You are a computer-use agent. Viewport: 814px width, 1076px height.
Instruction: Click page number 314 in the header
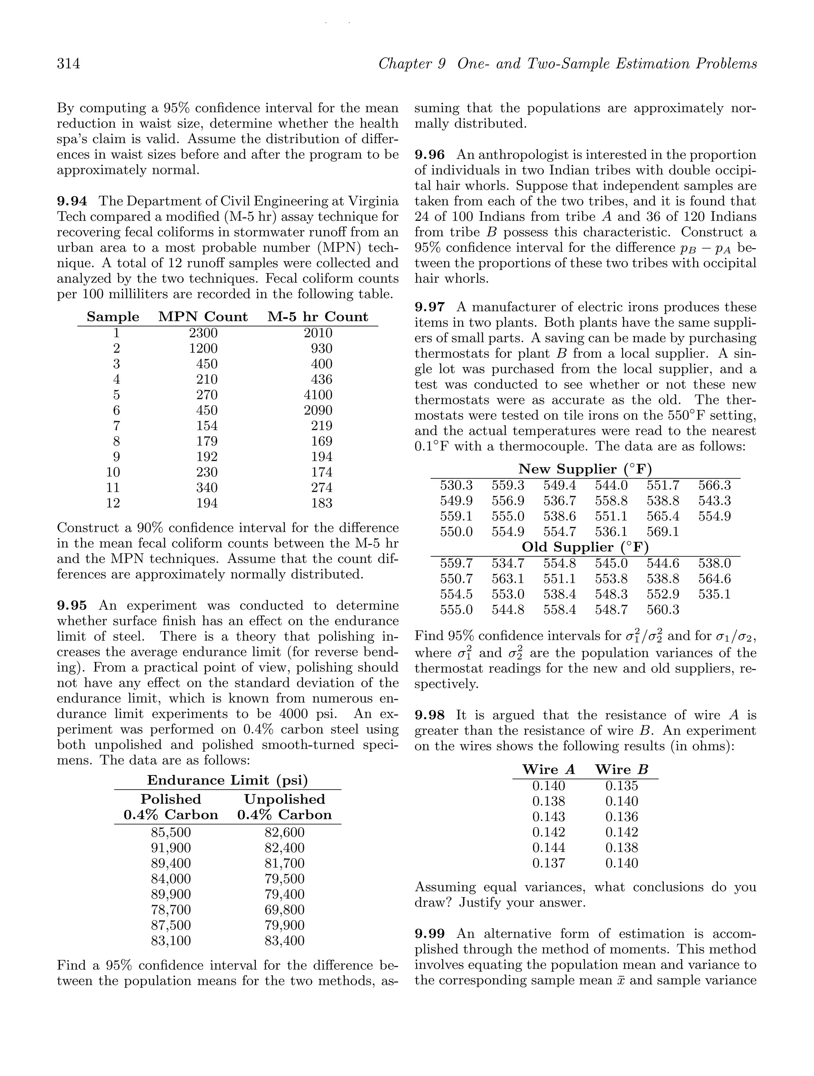69,64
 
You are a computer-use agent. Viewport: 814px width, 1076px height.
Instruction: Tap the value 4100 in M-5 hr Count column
318,395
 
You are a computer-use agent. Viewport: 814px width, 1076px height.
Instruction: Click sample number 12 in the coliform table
113,503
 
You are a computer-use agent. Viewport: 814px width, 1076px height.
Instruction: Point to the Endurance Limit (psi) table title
228,781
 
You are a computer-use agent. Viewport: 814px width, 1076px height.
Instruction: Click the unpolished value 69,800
285,910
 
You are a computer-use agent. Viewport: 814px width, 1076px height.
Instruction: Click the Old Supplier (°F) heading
585,548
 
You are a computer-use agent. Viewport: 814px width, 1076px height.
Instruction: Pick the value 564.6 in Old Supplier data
714,579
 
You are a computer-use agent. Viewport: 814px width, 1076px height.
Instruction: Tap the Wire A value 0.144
548,848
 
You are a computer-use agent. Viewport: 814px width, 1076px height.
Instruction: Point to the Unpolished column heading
285,800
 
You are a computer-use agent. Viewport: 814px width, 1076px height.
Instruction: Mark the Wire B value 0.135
622,786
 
